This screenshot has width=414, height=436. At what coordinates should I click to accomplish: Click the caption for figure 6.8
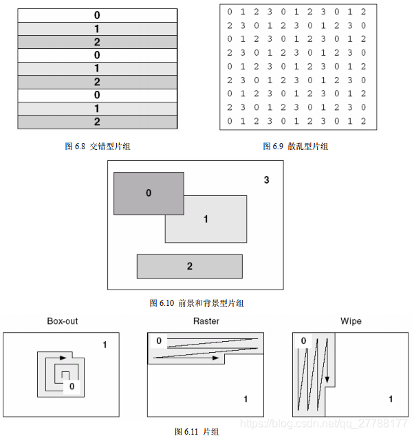[97, 146]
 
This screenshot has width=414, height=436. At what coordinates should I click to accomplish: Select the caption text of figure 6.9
[295, 146]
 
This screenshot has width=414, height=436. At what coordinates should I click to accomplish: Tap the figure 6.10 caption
[196, 303]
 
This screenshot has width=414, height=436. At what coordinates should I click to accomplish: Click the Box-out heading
[62, 321]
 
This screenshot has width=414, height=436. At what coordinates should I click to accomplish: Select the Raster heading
[206, 321]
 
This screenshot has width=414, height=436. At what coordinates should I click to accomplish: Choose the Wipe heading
[351, 321]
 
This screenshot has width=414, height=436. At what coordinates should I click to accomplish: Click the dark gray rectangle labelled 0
[149, 193]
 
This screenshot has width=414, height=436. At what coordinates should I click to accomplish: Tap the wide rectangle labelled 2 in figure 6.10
[190, 266]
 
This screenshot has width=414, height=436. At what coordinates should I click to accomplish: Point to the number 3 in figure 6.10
[266, 180]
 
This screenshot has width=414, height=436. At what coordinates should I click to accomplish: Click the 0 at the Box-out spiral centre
[72, 387]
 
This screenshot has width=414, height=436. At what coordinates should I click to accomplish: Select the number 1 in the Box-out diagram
[105, 345]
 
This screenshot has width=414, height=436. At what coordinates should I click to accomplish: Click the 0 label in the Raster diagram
[159, 341]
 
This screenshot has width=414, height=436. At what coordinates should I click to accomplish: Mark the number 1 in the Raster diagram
[245, 399]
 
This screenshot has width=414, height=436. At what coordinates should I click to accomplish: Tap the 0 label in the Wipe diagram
[303, 341]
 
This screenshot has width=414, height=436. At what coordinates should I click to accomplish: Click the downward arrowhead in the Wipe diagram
[328, 380]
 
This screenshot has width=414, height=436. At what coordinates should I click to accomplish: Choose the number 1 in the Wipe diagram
[391, 399]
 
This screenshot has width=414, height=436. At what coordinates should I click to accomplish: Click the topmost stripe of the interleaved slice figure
[97, 14]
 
